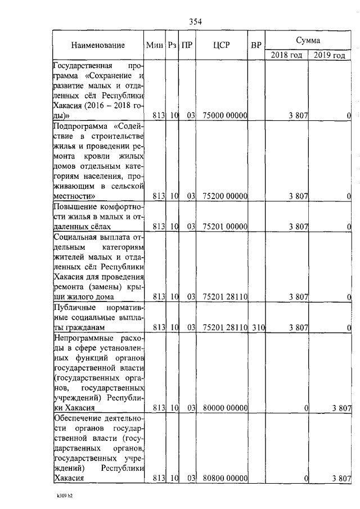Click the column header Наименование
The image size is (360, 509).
click(98, 44)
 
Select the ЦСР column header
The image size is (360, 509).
click(220, 44)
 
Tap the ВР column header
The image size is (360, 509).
click(256, 44)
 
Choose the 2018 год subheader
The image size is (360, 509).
click(287, 55)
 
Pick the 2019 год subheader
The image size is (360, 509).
click(330, 55)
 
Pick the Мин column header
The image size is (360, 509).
click(154, 44)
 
